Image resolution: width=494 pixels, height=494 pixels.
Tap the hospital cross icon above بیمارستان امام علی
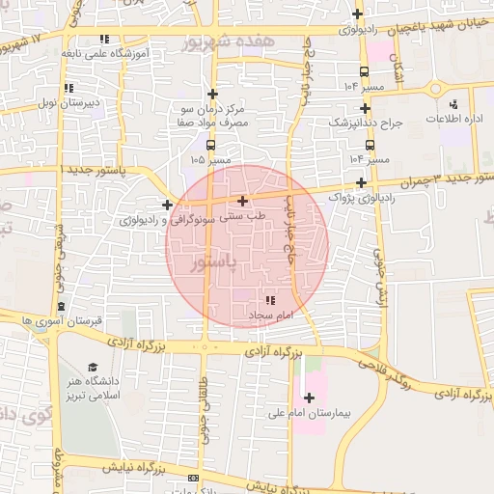309,398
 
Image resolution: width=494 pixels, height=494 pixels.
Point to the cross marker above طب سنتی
241,201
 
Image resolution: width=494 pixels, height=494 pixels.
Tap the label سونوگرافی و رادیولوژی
165,220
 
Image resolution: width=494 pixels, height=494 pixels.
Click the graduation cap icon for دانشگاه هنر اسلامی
93,367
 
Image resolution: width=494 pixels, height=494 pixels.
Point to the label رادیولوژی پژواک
360,198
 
